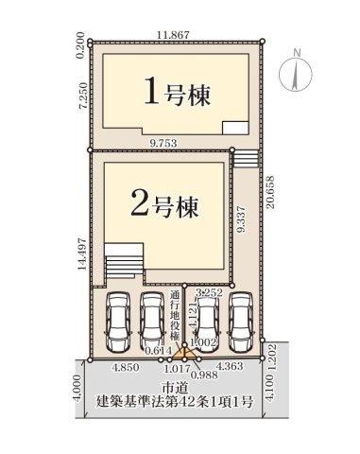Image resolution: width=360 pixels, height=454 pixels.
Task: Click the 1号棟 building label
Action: coord(177,94)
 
